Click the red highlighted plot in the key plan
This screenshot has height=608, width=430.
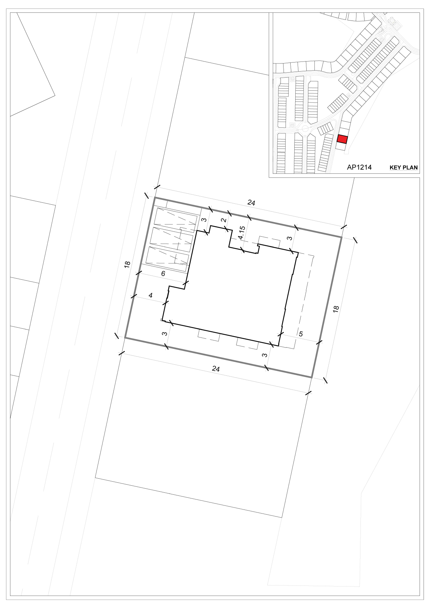coord(342,139)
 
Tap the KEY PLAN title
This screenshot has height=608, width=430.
coord(403,167)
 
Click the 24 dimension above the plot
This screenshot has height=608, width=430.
coord(251,203)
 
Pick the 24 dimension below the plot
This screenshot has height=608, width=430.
coord(216,369)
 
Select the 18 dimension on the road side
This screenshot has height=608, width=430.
coord(127,264)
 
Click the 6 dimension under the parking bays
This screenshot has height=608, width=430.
coord(163,274)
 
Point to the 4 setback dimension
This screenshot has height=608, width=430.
coord(151,295)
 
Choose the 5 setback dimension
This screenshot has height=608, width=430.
coord(301,334)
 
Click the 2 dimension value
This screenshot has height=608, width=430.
coord(223,220)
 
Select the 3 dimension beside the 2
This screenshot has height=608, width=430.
coord(203,220)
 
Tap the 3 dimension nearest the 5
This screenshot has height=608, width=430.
coord(265,355)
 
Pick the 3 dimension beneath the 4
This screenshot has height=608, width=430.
coord(165,334)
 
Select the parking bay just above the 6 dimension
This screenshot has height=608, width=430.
coord(168,259)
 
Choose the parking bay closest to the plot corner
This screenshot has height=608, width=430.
coord(175,221)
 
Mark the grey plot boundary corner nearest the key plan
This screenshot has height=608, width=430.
coord(341,237)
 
